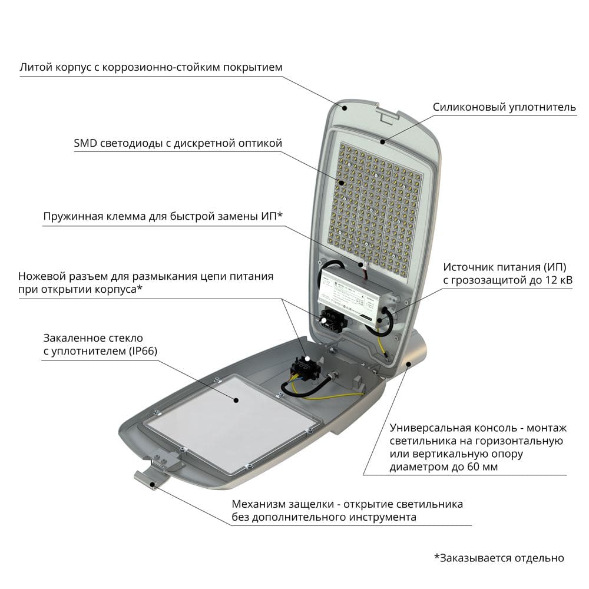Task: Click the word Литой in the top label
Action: click(36, 68)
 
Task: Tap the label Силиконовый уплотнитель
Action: click(504, 107)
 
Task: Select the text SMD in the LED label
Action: click(85, 143)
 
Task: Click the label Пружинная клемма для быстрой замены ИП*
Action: click(163, 216)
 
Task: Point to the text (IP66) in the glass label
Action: click(143, 351)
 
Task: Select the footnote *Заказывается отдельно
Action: click(499, 558)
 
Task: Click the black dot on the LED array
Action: click(342, 183)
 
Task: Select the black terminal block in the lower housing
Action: click(305, 368)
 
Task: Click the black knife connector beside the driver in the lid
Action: click(333, 319)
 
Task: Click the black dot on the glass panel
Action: click(236, 401)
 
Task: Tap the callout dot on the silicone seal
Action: click(383, 141)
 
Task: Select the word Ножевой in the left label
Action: click(40, 276)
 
